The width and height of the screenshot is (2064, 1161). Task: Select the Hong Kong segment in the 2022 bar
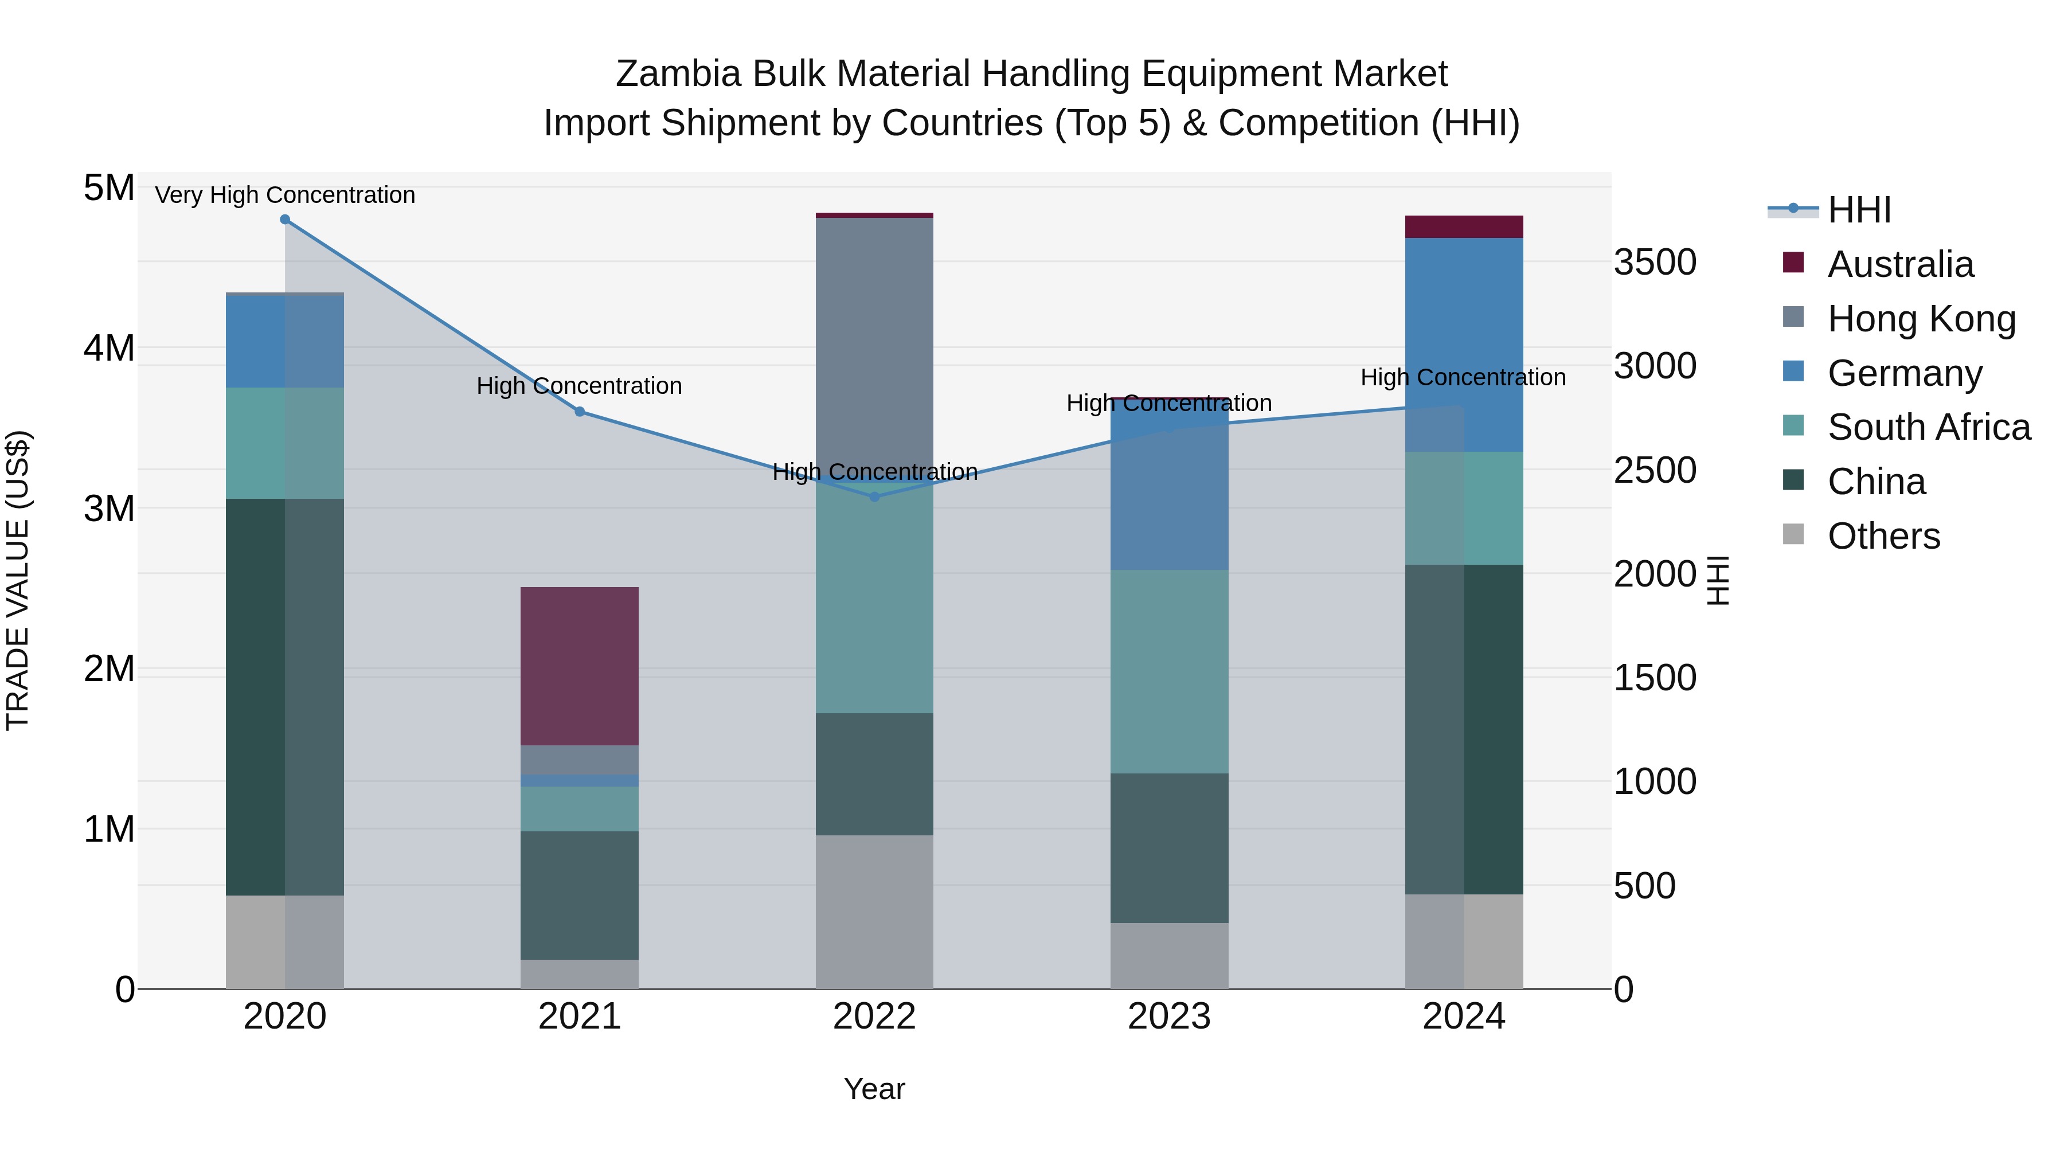[x=874, y=345]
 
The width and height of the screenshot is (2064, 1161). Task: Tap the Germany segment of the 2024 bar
[x=1464, y=345]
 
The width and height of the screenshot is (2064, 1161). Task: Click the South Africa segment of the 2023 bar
[x=1169, y=671]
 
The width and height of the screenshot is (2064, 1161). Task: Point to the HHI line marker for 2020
[x=286, y=220]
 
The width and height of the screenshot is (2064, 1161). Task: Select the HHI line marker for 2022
[x=874, y=497]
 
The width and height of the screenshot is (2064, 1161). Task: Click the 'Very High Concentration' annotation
[x=286, y=195]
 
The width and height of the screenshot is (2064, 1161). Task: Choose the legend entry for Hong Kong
[x=1921, y=319]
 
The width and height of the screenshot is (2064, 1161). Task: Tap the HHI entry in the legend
[x=1859, y=210]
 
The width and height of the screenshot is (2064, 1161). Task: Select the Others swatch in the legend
[x=1793, y=534]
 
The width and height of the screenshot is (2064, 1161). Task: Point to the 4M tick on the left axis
[x=109, y=349]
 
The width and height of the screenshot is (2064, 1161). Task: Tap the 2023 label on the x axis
[x=1169, y=1017]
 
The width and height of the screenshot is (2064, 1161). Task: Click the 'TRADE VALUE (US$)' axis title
[x=18, y=580]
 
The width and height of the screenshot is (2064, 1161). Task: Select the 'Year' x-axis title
[x=874, y=1089]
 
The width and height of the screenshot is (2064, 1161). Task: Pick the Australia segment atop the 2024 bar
[x=1464, y=226]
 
